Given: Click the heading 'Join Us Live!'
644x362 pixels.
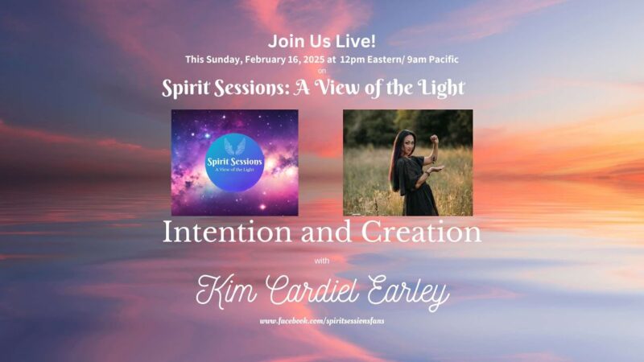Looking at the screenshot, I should pos(321,42).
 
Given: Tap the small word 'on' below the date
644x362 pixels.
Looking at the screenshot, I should pos(322,71).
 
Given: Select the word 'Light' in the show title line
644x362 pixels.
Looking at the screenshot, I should pos(443,88).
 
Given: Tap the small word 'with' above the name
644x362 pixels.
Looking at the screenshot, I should pos(322,261).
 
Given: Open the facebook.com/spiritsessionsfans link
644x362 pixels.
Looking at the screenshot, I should pos(322,321).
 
